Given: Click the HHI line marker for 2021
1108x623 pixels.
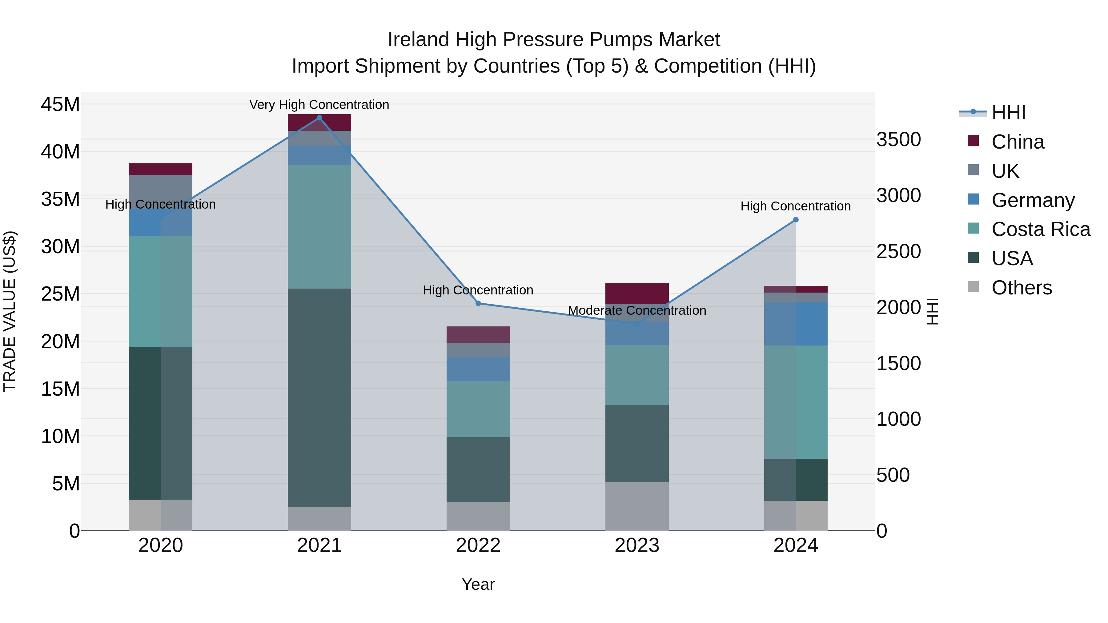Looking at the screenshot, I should point(319,118).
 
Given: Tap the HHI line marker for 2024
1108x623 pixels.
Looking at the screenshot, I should point(796,220).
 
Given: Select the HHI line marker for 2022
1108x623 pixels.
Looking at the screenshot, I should point(478,304).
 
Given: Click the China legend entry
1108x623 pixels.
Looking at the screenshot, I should point(1018,142).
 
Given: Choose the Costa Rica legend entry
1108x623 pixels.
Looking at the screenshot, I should point(1041,229).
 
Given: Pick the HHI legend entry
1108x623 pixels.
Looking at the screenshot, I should point(1008,113).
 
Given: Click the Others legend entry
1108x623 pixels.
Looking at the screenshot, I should point(1022,288).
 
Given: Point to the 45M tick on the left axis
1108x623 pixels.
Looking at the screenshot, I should point(60,105).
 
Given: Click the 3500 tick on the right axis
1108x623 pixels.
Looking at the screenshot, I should point(898,140).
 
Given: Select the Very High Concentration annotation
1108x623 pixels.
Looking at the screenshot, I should point(319,105).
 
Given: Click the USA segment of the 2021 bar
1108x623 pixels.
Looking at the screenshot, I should point(319,398).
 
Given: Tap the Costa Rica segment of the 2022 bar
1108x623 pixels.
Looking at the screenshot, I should point(478,409).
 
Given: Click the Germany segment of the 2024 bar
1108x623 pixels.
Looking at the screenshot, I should point(796,324).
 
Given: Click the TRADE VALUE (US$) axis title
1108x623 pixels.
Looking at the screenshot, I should point(10,311).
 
